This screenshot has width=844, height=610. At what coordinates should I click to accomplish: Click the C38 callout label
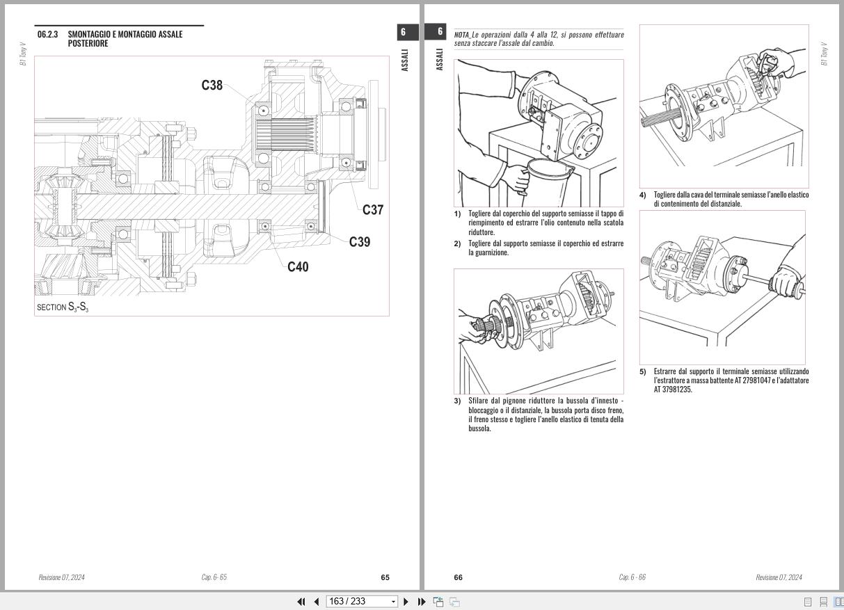click(212, 86)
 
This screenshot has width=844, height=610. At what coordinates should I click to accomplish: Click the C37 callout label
click(373, 210)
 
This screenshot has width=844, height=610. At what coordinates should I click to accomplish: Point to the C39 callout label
click(360, 242)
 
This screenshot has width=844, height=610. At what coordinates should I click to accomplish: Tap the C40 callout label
click(298, 266)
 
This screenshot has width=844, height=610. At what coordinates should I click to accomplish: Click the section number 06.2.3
click(48, 34)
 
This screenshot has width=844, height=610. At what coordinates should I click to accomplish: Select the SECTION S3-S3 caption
click(63, 307)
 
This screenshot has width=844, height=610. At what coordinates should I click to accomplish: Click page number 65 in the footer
click(385, 577)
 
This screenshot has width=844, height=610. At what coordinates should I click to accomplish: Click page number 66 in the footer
click(458, 577)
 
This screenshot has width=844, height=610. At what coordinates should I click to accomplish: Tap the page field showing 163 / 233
click(358, 602)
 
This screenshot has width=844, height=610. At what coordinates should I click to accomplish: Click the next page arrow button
click(406, 602)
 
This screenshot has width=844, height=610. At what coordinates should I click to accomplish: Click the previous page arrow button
click(317, 602)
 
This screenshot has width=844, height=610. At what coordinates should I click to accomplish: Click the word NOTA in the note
click(461, 35)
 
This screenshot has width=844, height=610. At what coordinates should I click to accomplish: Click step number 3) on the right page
click(457, 401)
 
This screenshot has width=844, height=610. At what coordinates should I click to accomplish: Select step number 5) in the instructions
click(643, 371)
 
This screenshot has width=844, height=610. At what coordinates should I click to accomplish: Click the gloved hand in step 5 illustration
click(783, 281)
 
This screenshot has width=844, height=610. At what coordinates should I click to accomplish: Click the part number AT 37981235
click(673, 390)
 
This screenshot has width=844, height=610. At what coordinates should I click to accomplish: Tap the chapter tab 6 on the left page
click(403, 32)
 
